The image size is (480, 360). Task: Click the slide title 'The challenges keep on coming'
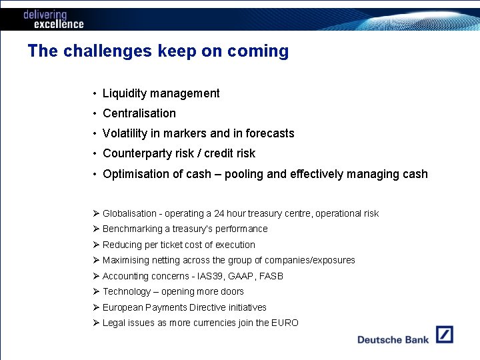(x=158, y=51)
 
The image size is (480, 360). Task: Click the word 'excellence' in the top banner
(x=59, y=24)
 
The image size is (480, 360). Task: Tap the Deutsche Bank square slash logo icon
(x=445, y=334)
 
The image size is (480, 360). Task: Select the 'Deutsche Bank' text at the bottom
(x=393, y=340)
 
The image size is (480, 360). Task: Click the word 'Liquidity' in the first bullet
(x=125, y=93)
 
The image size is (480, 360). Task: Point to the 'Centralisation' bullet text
(x=139, y=113)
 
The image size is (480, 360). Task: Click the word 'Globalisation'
(x=129, y=214)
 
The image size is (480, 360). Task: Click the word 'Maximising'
(x=126, y=261)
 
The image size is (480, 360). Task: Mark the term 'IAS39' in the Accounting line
(x=211, y=276)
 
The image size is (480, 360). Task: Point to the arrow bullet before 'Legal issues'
(x=97, y=323)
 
